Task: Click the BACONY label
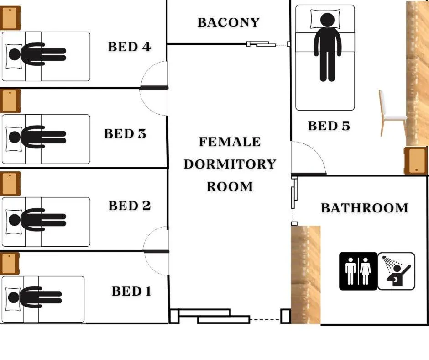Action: (229, 23)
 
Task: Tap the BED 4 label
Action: (130, 47)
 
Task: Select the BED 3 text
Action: (125, 134)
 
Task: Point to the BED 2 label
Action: (130, 206)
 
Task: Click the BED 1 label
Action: (131, 291)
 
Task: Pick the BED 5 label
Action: (329, 126)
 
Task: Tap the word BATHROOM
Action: (365, 208)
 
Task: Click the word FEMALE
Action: (230, 142)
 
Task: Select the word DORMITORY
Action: (230, 164)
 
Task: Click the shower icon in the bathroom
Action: (397, 271)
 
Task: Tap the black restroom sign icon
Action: (358, 271)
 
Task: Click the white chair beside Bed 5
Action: (392, 113)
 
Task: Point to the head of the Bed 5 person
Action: (327, 20)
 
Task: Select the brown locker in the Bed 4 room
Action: (10, 18)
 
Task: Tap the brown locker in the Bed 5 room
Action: (416, 161)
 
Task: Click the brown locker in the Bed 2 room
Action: (10, 184)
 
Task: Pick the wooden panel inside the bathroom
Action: (306, 275)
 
